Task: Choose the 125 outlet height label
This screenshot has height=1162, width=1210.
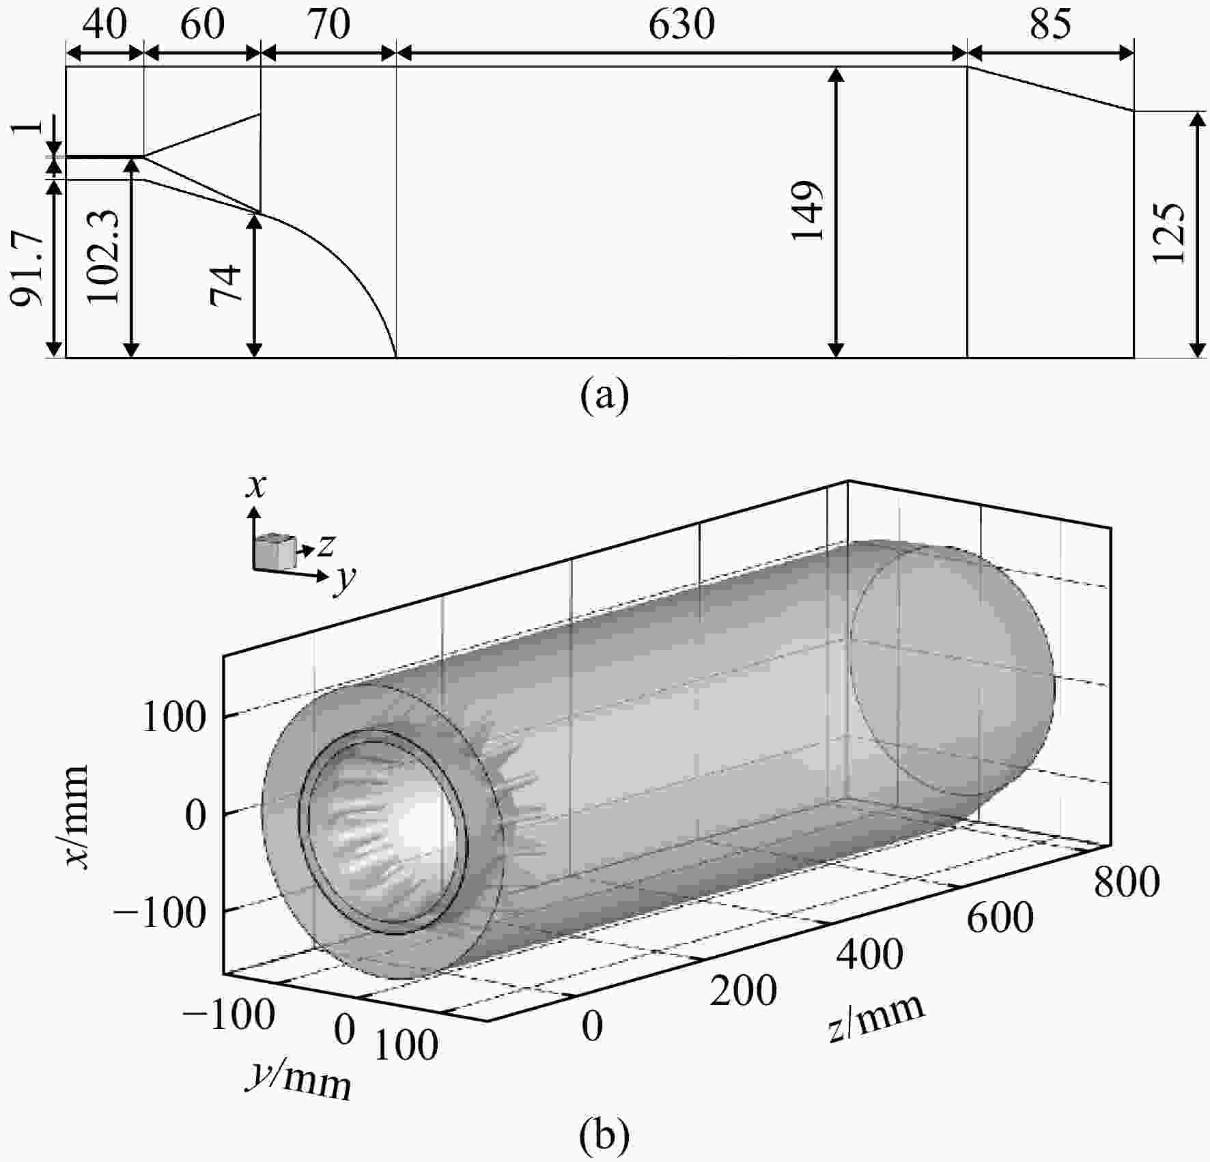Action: tap(1167, 233)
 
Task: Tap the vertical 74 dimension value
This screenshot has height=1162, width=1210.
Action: tap(226, 284)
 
